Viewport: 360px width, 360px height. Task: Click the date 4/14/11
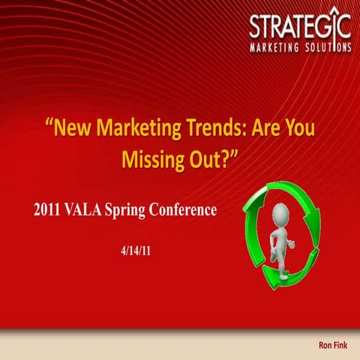coord(136,247)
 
